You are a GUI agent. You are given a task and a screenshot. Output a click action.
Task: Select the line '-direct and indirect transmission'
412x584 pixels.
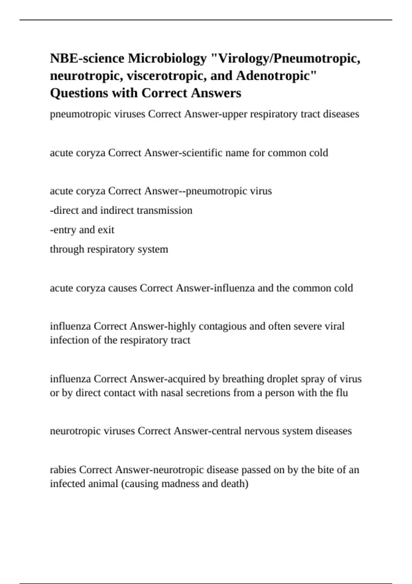(x=121, y=210)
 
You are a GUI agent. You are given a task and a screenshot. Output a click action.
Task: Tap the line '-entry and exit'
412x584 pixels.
(x=82, y=229)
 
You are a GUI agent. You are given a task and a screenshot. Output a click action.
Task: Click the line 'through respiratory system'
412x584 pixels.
(x=109, y=249)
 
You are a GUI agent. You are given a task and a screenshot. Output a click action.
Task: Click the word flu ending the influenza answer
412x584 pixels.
(x=342, y=392)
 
